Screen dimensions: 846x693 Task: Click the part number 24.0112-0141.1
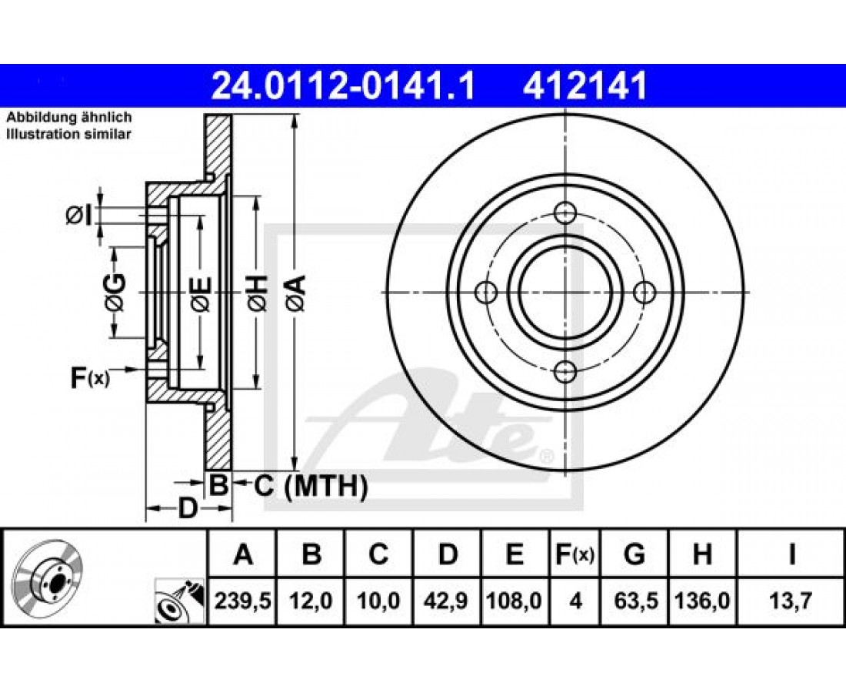[343, 86]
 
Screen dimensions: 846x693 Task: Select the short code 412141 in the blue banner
[585, 86]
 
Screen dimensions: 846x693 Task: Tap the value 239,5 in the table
[242, 600]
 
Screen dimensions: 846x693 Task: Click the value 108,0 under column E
[515, 600]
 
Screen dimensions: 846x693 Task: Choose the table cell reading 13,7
[791, 600]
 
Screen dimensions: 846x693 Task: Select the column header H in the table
[702, 554]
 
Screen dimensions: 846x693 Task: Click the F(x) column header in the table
[575, 554]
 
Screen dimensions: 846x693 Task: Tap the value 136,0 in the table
[702, 600]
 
